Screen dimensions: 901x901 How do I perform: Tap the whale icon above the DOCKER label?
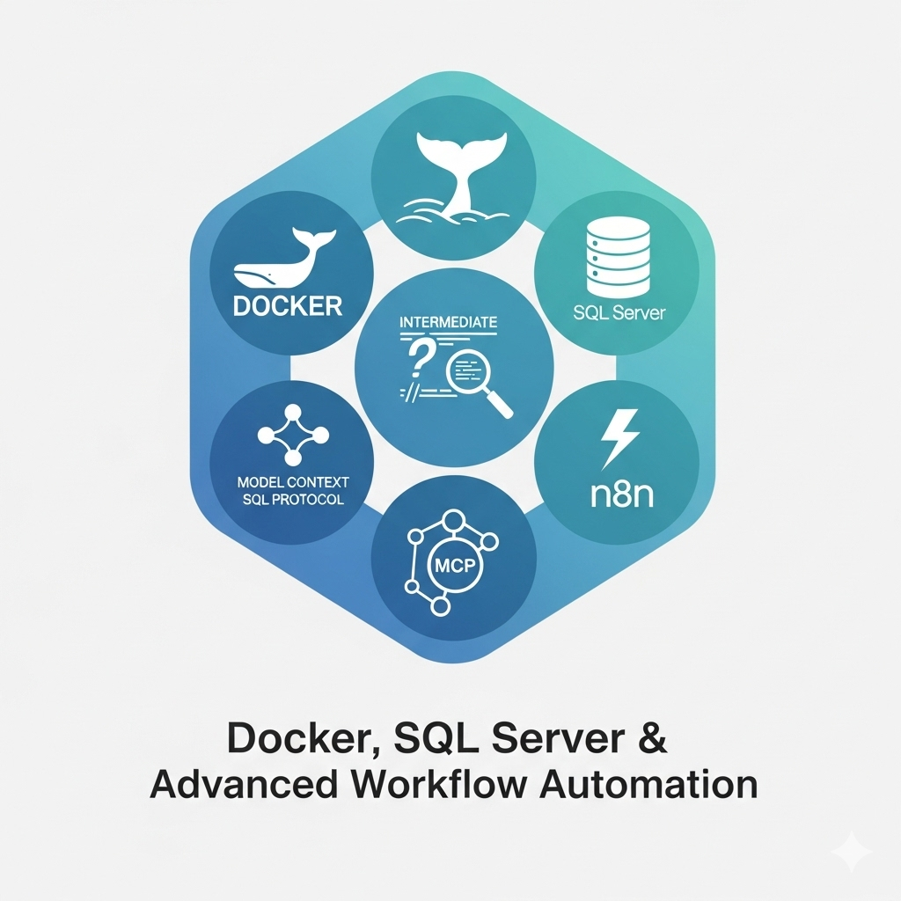click(x=282, y=260)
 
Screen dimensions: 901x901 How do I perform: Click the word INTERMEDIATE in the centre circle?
click(x=448, y=322)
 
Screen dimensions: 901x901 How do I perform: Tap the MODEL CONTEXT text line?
click(x=294, y=483)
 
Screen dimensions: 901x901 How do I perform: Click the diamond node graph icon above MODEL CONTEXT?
click(x=291, y=435)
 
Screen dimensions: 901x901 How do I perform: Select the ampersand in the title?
click(x=650, y=738)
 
